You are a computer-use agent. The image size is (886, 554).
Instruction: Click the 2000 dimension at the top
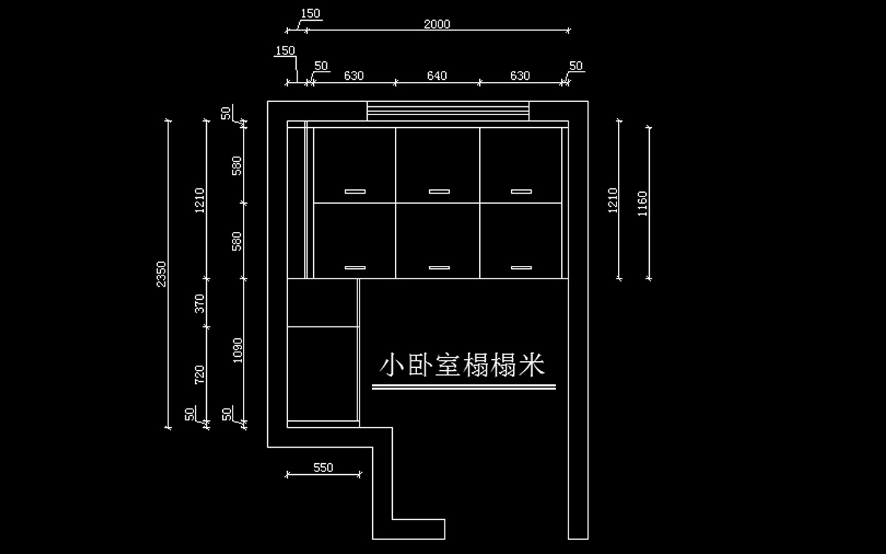coord(437,24)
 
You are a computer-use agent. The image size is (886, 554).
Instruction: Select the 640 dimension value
coord(436,75)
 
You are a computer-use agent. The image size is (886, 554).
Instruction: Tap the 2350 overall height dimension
coord(161,274)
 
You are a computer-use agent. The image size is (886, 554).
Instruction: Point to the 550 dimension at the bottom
coord(323,468)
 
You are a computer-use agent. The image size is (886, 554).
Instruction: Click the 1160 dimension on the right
coord(642,204)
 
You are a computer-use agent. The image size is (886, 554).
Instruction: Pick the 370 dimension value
coord(200,304)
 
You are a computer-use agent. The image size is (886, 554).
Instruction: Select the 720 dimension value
coord(200,375)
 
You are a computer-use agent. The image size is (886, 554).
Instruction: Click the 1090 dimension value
coord(237,350)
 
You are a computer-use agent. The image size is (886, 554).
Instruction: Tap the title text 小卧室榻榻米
coord(462,365)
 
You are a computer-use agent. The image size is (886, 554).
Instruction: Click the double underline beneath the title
coord(464,387)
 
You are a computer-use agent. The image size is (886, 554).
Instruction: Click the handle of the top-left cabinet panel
coord(355,191)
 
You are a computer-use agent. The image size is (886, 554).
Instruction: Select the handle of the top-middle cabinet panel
coord(439,191)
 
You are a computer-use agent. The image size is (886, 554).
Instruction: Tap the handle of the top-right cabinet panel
coord(521,191)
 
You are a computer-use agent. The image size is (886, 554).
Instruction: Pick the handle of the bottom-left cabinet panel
coord(355,267)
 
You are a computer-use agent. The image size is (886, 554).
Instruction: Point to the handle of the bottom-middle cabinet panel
coord(439,267)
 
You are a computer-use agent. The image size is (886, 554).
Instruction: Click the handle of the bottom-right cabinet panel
coord(521,267)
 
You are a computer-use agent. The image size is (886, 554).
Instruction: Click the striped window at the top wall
coord(447,111)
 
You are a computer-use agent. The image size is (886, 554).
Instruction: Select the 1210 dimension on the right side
coord(612,200)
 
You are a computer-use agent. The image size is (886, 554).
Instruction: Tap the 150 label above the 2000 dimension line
coord(311,13)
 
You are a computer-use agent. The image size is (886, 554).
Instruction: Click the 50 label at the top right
coord(576,66)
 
